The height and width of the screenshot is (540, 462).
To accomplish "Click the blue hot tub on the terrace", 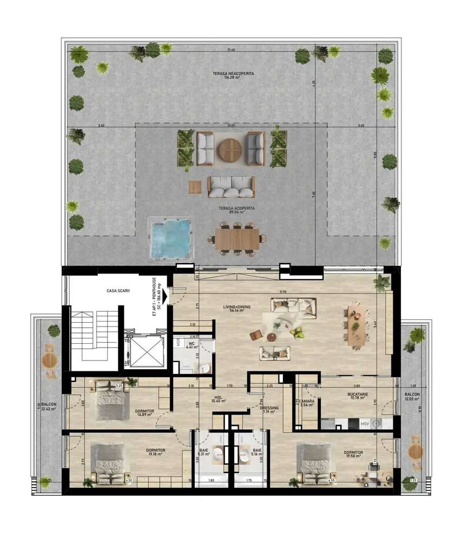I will pyautogui.click(x=170, y=238).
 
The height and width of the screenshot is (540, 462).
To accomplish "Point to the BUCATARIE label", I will pyautogui.click(x=358, y=395).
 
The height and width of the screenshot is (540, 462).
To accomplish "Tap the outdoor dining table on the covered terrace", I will pyautogui.click(x=237, y=238).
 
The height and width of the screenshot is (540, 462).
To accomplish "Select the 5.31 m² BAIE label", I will pyautogui.click(x=203, y=452).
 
